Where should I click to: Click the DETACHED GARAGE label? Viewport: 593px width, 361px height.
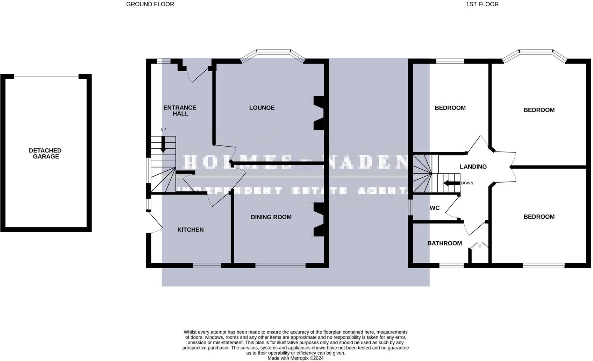45,154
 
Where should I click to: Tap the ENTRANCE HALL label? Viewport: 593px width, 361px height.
180,111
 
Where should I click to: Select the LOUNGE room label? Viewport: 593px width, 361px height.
262,108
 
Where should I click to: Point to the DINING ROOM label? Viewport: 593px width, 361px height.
271,217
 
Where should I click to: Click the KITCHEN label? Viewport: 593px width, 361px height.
190,230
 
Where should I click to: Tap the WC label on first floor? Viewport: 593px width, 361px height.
434,208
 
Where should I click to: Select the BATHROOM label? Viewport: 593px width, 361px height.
444,243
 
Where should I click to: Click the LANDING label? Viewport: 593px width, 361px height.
473,167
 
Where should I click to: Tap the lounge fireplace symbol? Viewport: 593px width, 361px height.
317,113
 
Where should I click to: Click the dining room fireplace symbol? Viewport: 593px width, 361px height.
317,220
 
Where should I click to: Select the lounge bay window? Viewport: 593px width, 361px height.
273,53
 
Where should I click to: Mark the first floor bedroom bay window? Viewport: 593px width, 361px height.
536,53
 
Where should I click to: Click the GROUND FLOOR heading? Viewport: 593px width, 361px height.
150,4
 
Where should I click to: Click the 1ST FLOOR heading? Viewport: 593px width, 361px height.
482,4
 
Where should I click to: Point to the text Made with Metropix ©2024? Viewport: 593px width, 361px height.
295,358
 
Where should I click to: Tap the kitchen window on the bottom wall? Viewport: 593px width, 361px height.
207,266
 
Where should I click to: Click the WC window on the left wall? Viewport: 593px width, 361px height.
411,207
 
